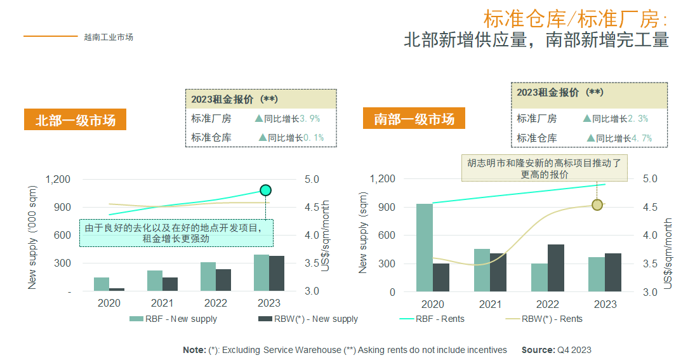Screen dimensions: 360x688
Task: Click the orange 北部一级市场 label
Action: pos(76,120)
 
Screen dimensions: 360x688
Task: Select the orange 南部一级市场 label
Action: pos(414,119)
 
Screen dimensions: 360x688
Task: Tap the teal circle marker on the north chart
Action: pos(266,190)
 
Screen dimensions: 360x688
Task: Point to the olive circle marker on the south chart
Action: pos(597,204)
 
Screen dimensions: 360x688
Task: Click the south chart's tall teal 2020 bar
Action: pos(425,247)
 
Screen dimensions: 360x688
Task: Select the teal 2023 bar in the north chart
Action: pos(261,272)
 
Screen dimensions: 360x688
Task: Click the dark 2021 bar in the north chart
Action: pos(170,284)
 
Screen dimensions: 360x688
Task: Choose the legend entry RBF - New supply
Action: pos(173,319)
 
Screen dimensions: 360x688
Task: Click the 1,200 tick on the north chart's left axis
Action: pos(58,179)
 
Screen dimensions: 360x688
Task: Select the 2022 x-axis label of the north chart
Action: pos(215,303)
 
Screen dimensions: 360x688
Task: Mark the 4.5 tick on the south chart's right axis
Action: pos(651,207)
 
